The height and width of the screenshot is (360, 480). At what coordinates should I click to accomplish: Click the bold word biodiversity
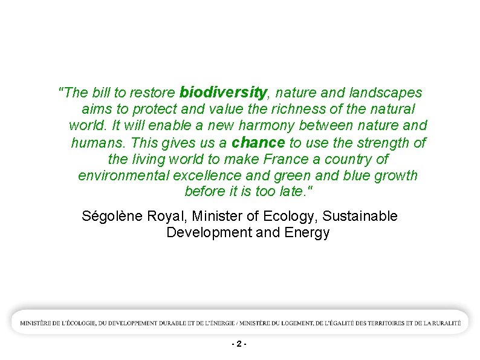223,93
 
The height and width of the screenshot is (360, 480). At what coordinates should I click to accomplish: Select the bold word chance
258,143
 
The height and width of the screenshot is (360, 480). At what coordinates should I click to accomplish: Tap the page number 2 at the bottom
239,344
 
